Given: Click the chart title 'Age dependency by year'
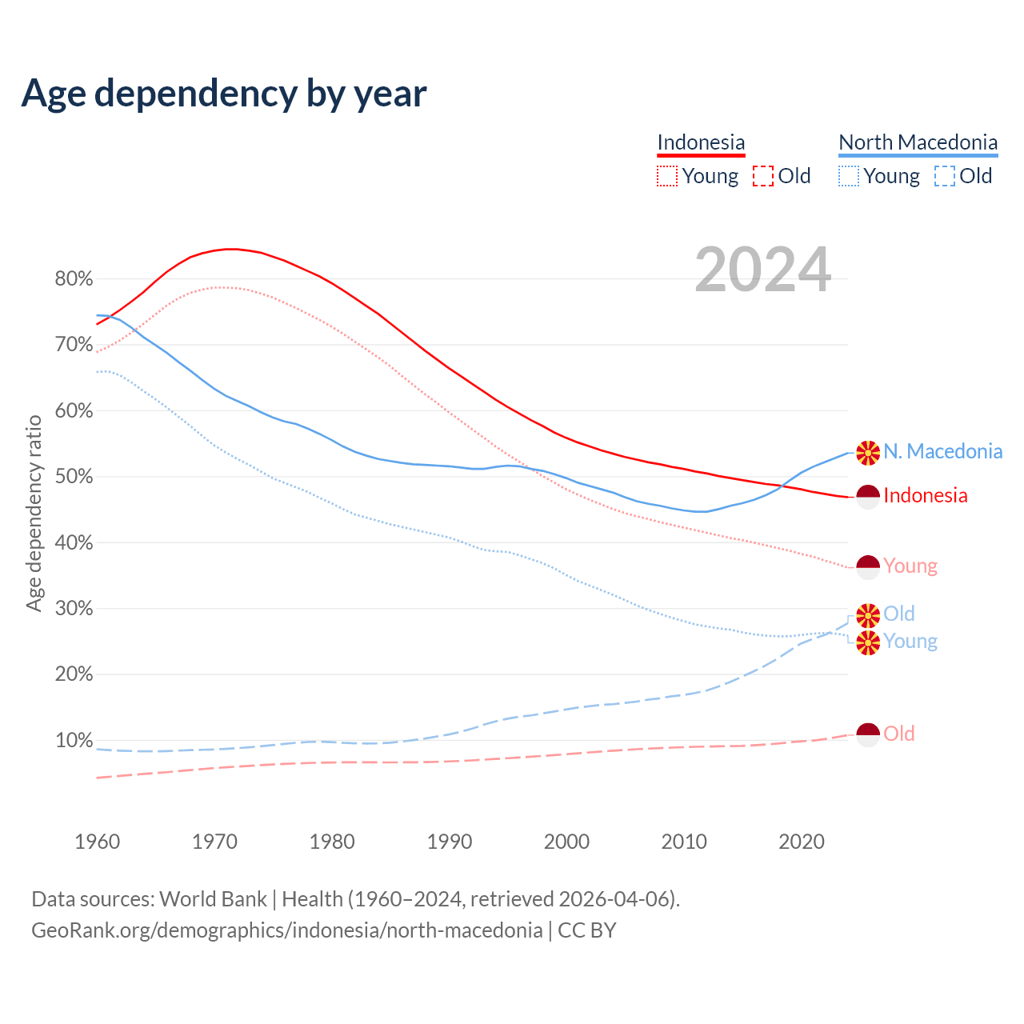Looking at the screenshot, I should [x=224, y=93].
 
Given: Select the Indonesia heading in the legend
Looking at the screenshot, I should [x=701, y=142].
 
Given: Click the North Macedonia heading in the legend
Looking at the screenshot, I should [x=918, y=142].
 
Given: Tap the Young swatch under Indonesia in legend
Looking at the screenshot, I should [x=666, y=176].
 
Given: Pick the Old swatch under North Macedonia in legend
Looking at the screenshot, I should [x=945, y=176].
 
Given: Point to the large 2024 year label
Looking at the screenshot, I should [x=762, y=270].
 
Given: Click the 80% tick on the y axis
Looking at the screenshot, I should [x=74, y=279].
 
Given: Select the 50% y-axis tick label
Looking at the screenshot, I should [x=74, y=477].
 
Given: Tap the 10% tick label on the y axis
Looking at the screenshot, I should [x=74, y=740].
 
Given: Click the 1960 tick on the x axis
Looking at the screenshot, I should [x=97, y=842].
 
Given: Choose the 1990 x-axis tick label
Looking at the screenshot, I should [x=450, y=842].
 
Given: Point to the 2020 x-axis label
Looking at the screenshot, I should [x=802, y=842].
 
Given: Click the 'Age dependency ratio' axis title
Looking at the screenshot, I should [x=34, y=513].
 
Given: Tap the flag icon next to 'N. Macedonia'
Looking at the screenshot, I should [x=868, y=453].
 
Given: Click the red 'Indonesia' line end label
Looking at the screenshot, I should [x=926, y=496].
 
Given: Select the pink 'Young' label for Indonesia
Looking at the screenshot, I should [x=910, y=566].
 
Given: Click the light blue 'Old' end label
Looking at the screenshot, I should [x=899, y=614].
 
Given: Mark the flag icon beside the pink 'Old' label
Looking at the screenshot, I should [x=868, y=734].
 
